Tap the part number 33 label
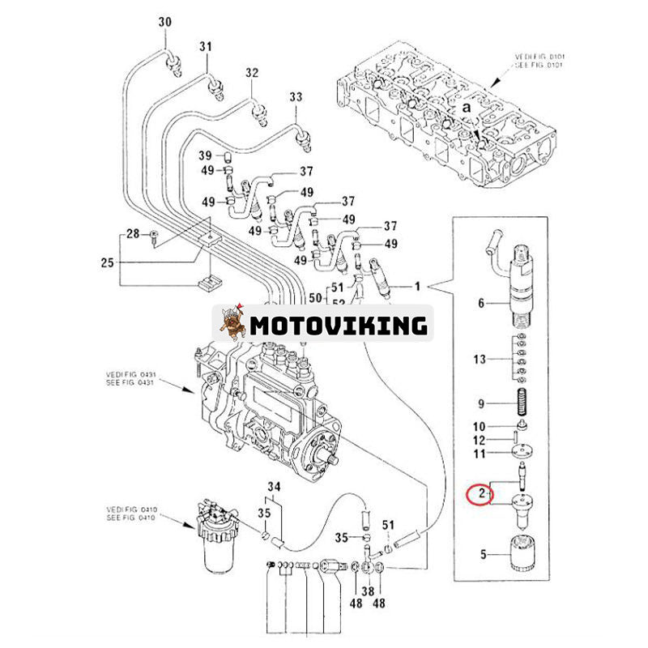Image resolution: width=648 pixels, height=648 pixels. pos(296,96)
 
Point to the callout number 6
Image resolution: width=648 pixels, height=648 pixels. pos(480,304)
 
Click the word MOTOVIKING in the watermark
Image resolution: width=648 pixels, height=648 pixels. pos(338,326)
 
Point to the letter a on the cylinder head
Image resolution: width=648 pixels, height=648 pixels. pos(467,106)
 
